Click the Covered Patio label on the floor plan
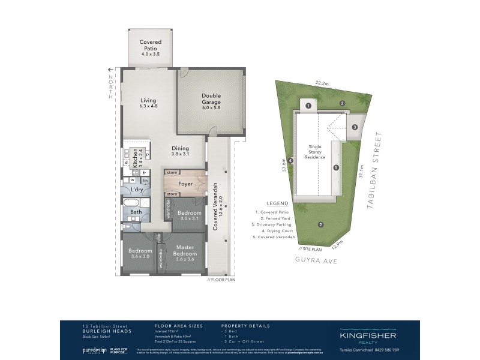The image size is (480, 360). click(150, 47)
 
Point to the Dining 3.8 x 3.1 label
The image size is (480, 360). click(180, 151)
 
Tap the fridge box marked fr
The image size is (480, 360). click(145, 173)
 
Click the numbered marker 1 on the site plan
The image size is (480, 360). click(308, 106)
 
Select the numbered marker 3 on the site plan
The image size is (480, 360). click(355, 127)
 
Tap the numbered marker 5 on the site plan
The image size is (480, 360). click(336, 167)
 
